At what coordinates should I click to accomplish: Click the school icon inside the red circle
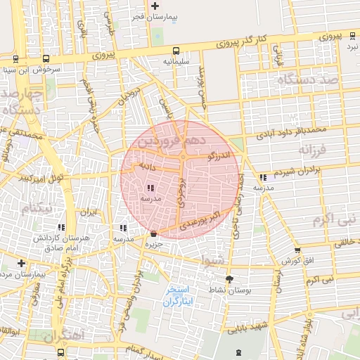coord(151,188)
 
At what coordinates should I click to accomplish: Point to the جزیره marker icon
coord(154,233)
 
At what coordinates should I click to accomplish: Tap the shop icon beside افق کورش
coord(297,250)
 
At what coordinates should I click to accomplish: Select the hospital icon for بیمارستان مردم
coord(21,263)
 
